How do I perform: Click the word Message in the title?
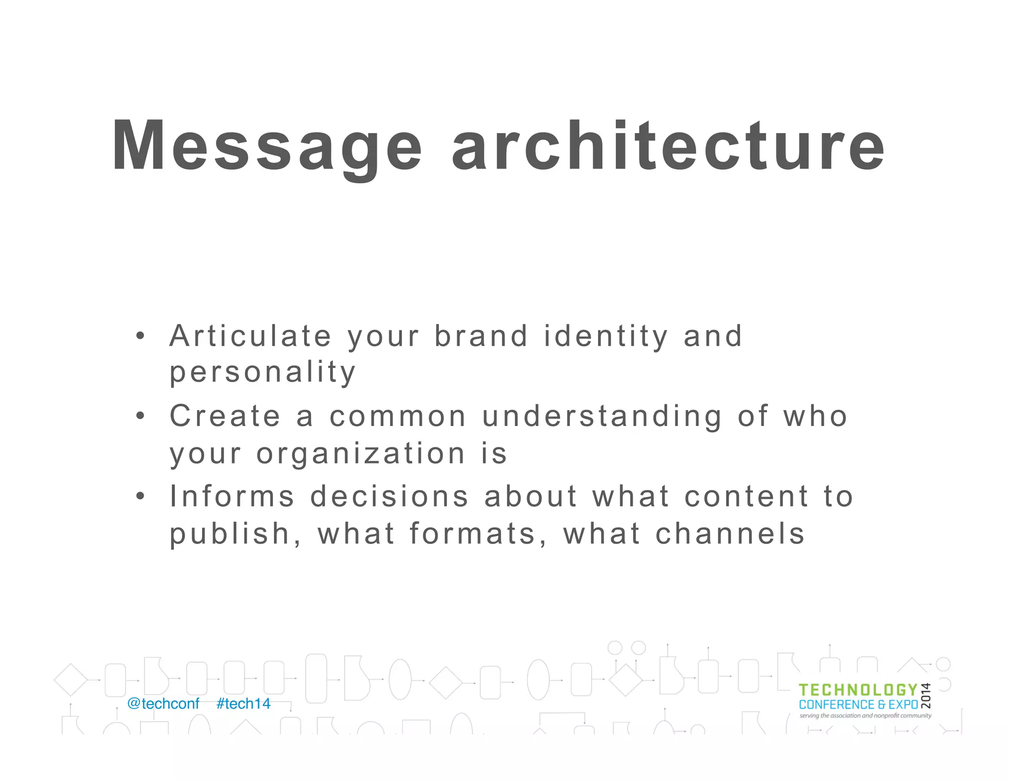[267, 146]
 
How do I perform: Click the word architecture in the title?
[668, 146]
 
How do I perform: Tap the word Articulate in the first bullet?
[250, 336]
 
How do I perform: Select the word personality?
[263, 373]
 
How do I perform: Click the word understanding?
[602, 417]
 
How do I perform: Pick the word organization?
[361, 454]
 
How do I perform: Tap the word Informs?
[232, 496]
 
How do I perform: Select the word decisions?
[389, 496]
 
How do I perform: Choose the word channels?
[730, 534]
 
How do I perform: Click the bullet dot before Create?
[140, 416]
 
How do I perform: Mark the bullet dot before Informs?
[140, 496]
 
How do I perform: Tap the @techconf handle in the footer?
[163, 704]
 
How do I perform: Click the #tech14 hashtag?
[243, 704]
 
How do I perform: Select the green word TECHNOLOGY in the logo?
[858, 690]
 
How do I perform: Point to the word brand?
[481, 336]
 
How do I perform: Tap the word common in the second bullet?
[398, 417]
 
